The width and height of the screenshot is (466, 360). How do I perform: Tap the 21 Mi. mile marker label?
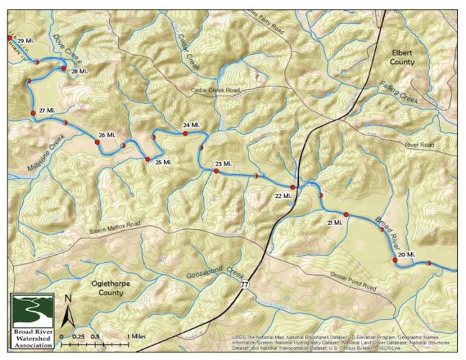tap(335, 224)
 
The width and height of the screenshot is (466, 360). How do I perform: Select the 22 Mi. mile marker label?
tap(283, 195)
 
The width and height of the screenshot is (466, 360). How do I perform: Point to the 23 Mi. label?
tap(224, 164)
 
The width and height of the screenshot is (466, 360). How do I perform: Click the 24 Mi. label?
tap(191, 125)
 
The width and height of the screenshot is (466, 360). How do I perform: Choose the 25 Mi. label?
tap(163, 162)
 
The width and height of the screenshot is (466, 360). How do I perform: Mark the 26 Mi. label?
tap(107, 135)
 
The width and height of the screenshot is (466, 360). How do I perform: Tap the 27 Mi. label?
tap(47, 109)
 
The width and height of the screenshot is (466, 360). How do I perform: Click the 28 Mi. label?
tap(79, 71)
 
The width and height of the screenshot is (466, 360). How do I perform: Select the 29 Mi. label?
tap(25, 41)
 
